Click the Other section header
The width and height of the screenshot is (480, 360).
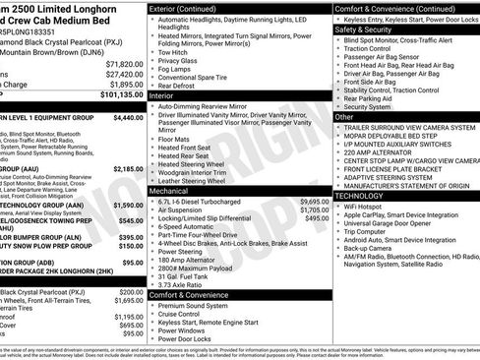(344, 117)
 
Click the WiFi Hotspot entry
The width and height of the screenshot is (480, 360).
(366, 207)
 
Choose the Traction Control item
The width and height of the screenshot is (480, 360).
(376, 48)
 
